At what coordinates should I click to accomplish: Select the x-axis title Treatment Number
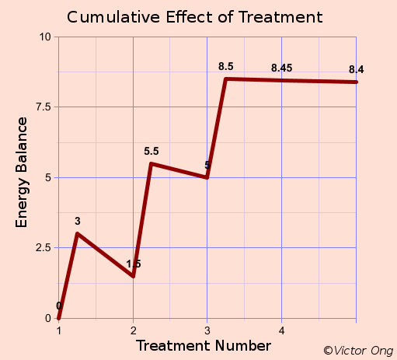click(x=204, y=345)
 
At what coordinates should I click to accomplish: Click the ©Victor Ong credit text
click(x=358, y=351)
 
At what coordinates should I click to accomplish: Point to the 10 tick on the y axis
click(x=45, y=37)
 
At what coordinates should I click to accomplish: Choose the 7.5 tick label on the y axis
click(x=43, y=107)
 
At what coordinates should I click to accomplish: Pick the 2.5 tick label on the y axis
click(x=43, y=247)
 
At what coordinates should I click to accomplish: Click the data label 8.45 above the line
click(x=281, y=68)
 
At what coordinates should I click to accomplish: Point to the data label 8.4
click(x=357, y=70)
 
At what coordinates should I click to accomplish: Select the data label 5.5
click(x=151, y=152)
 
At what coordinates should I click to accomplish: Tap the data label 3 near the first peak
click(x=78, y=222)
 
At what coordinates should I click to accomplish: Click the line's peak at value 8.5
click(x=225, y=79)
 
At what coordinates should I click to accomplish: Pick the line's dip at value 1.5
click(x=133, y=276)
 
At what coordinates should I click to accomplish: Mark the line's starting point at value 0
click(x=58, y=318)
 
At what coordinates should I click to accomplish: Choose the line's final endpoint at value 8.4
click(x=357, y=82)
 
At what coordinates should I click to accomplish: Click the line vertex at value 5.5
click(x=151, y=163)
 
